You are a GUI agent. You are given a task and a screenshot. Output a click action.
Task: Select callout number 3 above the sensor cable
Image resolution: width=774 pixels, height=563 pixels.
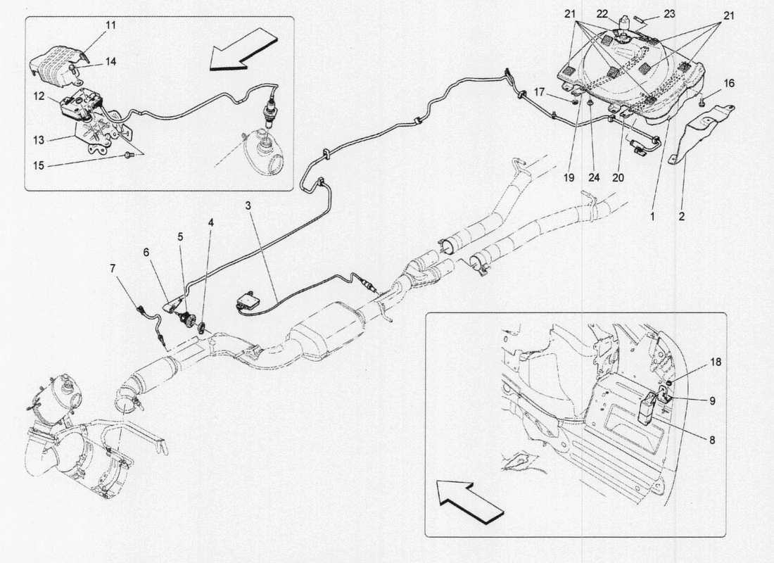pos(248,205)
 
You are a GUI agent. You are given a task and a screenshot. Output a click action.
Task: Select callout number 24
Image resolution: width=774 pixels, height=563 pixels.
pos(595,177)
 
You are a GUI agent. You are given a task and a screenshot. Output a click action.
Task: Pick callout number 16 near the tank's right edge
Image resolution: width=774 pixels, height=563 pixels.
pos(728,84)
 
